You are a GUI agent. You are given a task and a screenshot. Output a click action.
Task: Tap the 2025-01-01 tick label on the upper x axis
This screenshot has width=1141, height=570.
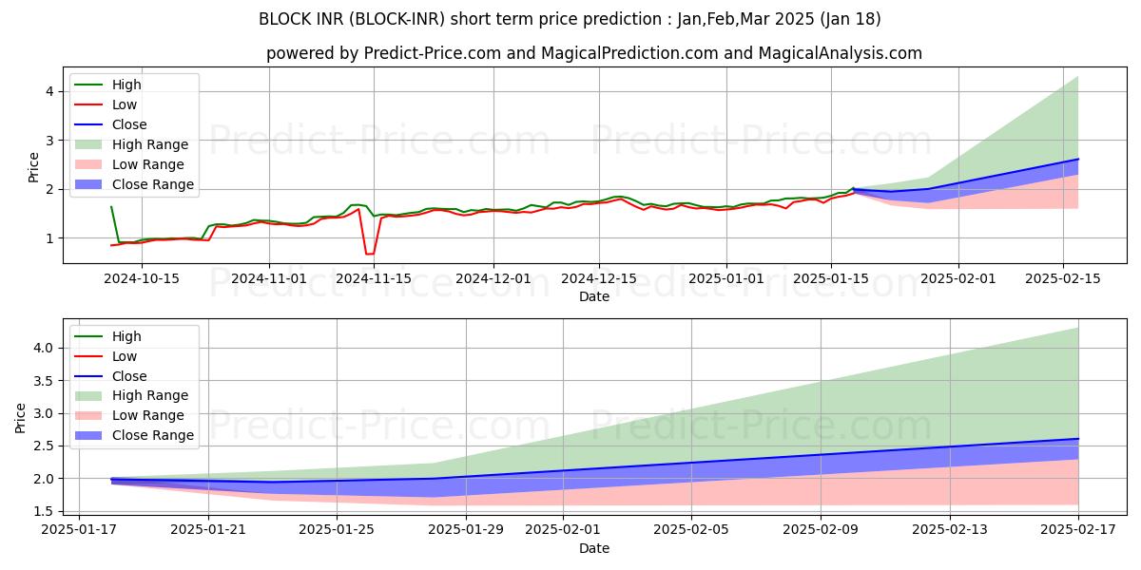(726, 278)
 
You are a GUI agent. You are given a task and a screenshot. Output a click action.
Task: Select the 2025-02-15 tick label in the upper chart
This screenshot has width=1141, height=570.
(1062, 278)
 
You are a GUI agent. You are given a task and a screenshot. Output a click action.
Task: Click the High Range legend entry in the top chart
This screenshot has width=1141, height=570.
(150, 144)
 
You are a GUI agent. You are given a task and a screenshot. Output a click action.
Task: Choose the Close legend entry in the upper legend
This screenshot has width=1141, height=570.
(129, 124)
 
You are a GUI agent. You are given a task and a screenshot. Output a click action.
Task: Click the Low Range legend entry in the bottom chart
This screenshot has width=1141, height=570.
(148, 415)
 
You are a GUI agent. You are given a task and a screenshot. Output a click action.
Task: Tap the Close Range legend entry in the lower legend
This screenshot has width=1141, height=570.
(152, 435)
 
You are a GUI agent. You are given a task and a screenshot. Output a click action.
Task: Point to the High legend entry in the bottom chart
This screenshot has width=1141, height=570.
(126, 336)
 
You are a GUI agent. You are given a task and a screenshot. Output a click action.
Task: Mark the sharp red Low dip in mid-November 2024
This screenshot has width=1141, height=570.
(369, 254)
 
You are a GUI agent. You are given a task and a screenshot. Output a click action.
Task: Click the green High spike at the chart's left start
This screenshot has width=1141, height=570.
(111, 207)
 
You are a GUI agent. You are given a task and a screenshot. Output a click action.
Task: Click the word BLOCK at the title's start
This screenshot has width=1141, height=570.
(280, 19)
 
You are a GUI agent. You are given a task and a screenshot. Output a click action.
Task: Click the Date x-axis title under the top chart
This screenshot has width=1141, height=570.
(594, 296)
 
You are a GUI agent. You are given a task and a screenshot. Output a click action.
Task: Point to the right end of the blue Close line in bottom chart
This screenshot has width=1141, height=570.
(1078, 439)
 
